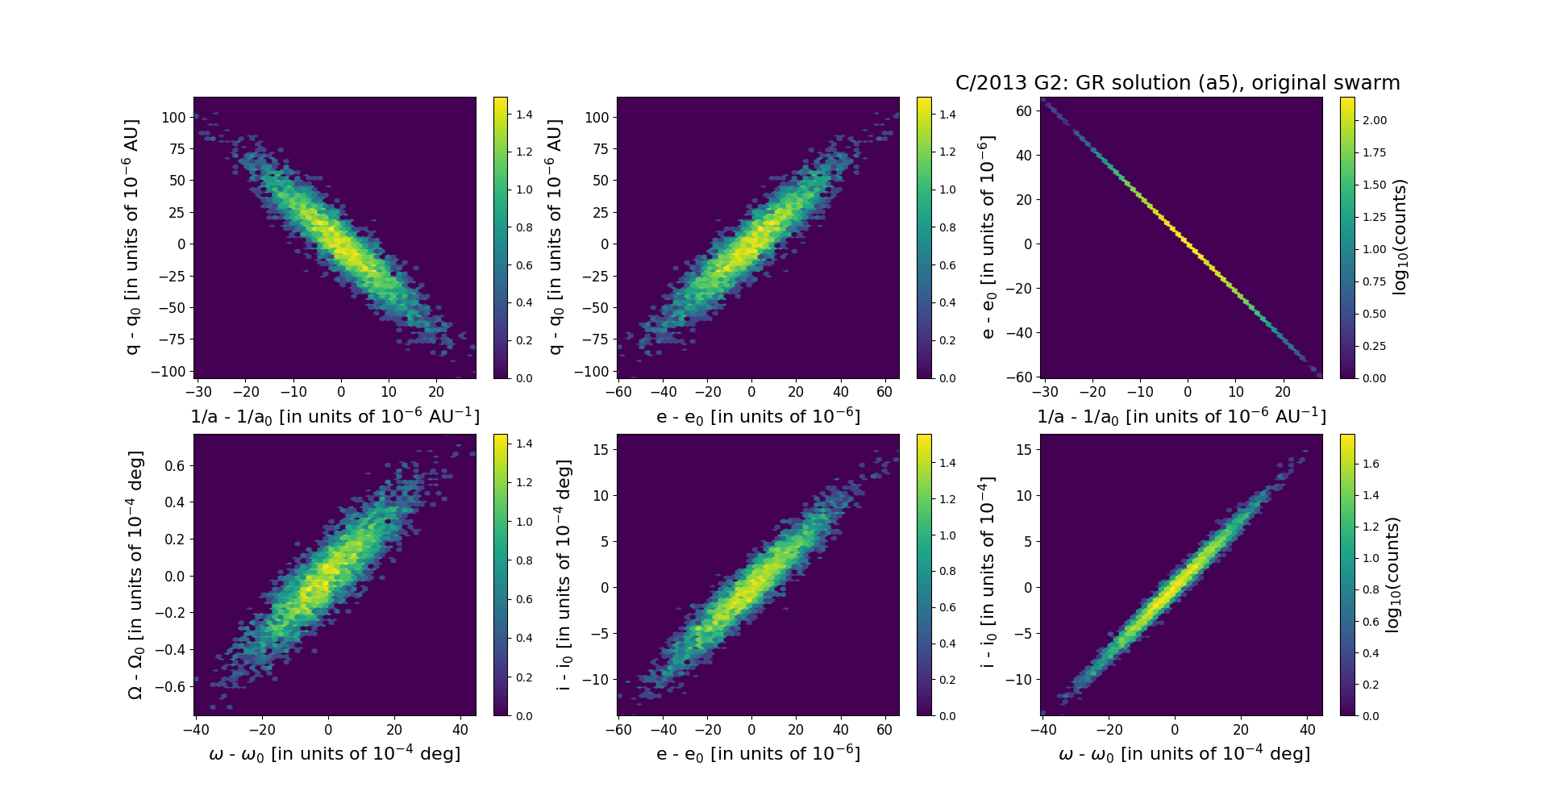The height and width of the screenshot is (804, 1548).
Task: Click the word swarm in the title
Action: [1366, 83]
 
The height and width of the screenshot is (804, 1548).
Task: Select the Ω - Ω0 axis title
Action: [135, 575]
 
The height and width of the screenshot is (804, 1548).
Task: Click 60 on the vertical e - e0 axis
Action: [1024, 110]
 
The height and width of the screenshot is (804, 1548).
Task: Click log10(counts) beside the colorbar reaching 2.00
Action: [1400, 237]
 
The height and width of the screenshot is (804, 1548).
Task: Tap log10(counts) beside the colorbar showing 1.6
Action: [1393, 575]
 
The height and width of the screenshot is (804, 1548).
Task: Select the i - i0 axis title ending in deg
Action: [564, 575]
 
